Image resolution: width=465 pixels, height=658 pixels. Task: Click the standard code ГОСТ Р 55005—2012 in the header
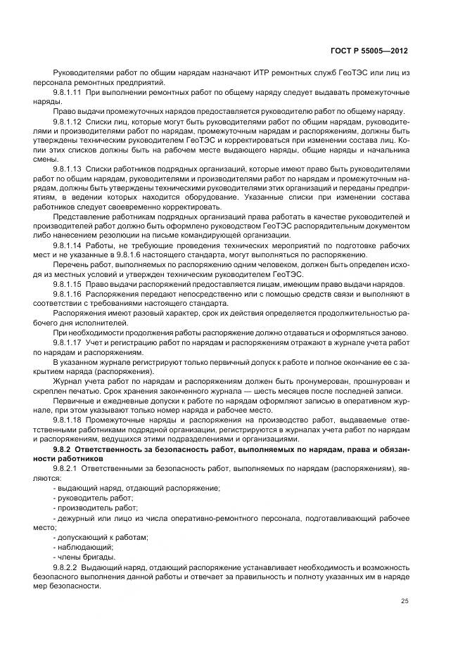point(369,51)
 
